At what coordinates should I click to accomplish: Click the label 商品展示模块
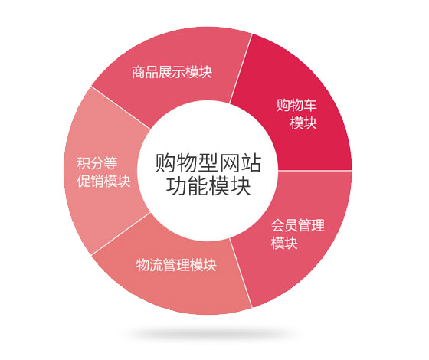(172, 72)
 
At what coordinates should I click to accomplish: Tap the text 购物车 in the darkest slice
(296, 105)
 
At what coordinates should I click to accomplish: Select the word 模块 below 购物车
(303, 123)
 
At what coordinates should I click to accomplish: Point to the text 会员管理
(298, 225)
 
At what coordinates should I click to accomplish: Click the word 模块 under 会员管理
(284, 243)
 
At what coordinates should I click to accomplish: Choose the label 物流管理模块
(176, 265)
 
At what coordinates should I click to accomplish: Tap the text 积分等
(97, 164)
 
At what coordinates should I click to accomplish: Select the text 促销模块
(103, 181)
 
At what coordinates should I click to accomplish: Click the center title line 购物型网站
(208, 163)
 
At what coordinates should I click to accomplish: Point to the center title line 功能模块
(208, 186)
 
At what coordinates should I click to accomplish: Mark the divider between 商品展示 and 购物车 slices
(241, 68)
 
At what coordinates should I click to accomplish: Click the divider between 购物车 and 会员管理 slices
(315, 170)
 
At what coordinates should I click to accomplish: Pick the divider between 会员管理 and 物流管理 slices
(241, 273)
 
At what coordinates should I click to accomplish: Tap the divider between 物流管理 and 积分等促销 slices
(121, 234)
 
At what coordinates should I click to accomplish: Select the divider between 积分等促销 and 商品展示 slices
(121, 107)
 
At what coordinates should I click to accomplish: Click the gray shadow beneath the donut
(208, 334)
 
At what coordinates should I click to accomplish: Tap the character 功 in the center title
(176, 186)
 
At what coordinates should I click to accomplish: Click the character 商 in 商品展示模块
(139, 72)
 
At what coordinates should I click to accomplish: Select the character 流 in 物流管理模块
(156, 265)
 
